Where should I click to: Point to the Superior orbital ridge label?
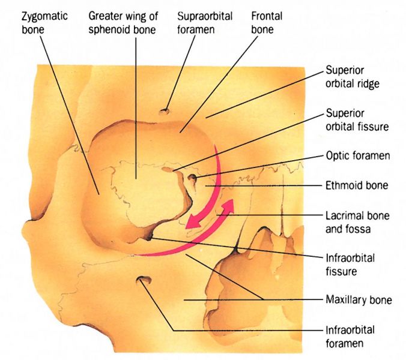353,76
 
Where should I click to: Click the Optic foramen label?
358,155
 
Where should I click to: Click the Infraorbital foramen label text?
350,337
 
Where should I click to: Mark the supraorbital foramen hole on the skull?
165,111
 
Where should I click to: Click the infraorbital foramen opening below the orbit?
144,280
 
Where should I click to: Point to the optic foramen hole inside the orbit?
193,178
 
